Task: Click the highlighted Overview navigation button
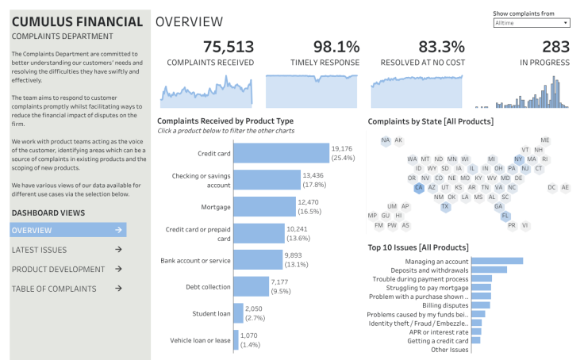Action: click(67, 230)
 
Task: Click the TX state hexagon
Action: click(445, 206)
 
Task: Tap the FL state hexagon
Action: click(505, 216)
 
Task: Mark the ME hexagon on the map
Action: click(545, 140)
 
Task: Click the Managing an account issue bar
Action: click(497, 261)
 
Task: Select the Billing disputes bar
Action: click(480, 304)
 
